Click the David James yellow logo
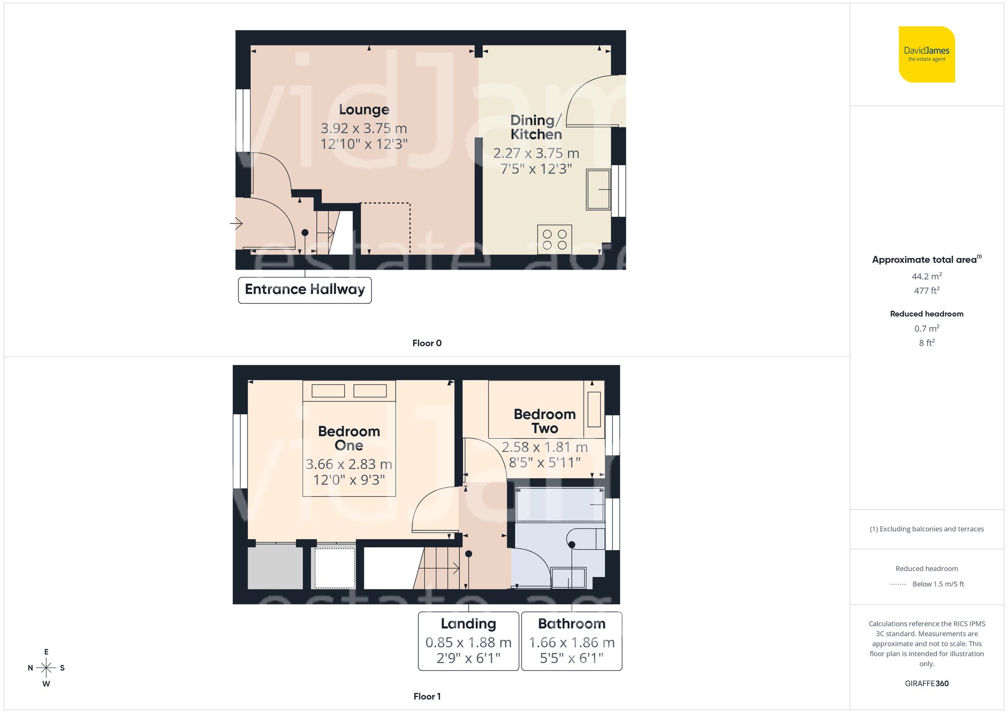[x=926, y=54]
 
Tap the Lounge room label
[x=364, y=110]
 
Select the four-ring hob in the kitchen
[x=554, y=239]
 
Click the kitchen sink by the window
[x=598, y=189]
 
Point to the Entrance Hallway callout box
[x=305, y=290]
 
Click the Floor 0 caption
[x=427, y=343]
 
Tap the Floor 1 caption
[x=427, y=696]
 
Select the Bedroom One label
[x=349, y=438]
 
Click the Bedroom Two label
[x=544, y=421]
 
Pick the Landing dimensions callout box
[x=468, y=641]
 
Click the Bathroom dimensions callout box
[x=572, y=641]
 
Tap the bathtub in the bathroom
[x=559, y=504]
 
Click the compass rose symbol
[x=46, y=668]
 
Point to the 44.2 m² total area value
[x=926, y=276]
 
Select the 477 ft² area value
[x=926, y=291]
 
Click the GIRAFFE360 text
[x=926, y=684]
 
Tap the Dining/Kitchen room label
[x=536, y=127]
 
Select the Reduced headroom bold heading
[x=926, y=314]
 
